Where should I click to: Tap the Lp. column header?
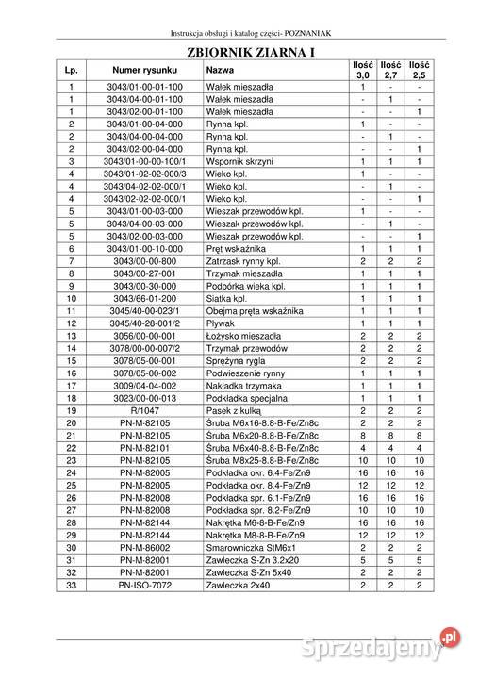point(71,70)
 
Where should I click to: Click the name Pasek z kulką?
point(235,409)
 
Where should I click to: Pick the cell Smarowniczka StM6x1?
point(248,546)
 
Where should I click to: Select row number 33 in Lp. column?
point(71,584)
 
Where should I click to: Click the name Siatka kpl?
point(227,298)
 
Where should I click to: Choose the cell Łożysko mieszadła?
point(242,335)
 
